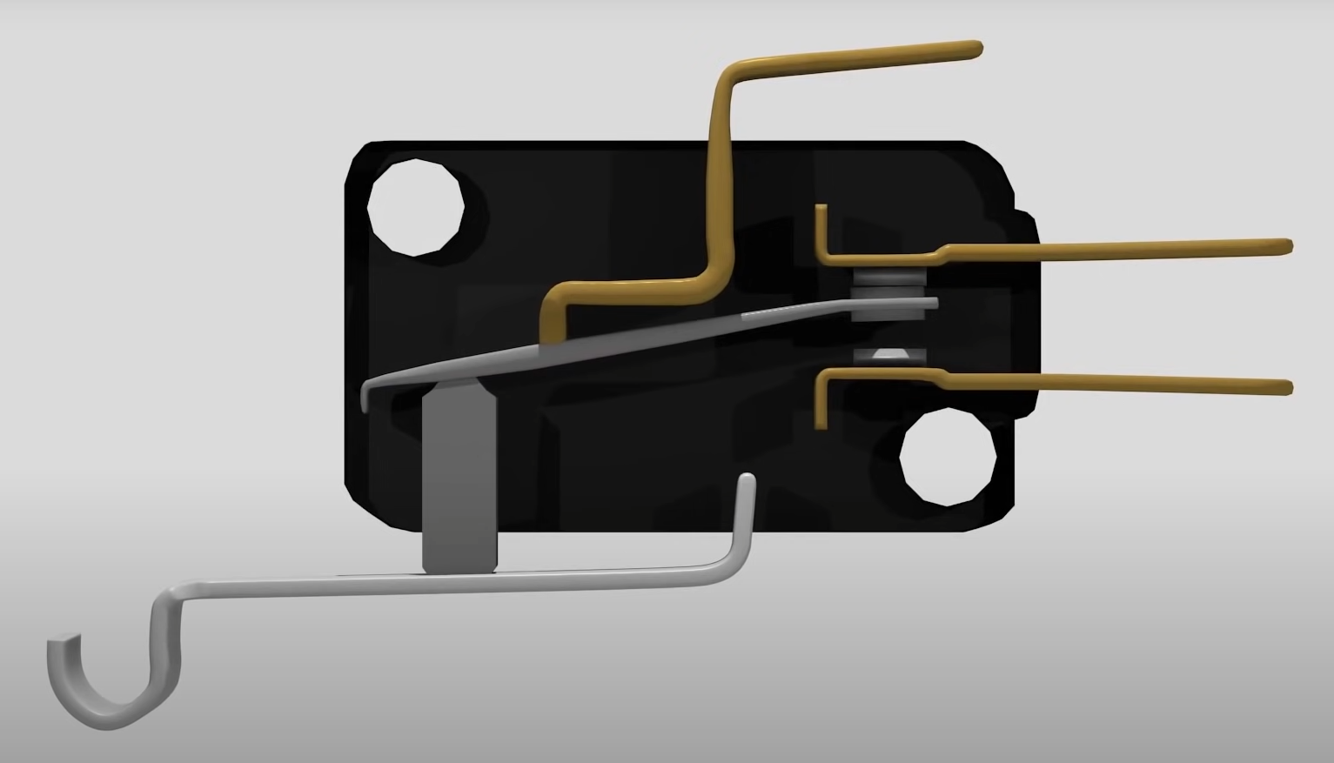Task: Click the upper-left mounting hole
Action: pyautogui.click(x=414, y=208)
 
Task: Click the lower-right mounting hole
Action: pyautogui.click(x=947, y=458)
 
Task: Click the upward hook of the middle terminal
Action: pyautogui.click(x=820, y=228)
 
